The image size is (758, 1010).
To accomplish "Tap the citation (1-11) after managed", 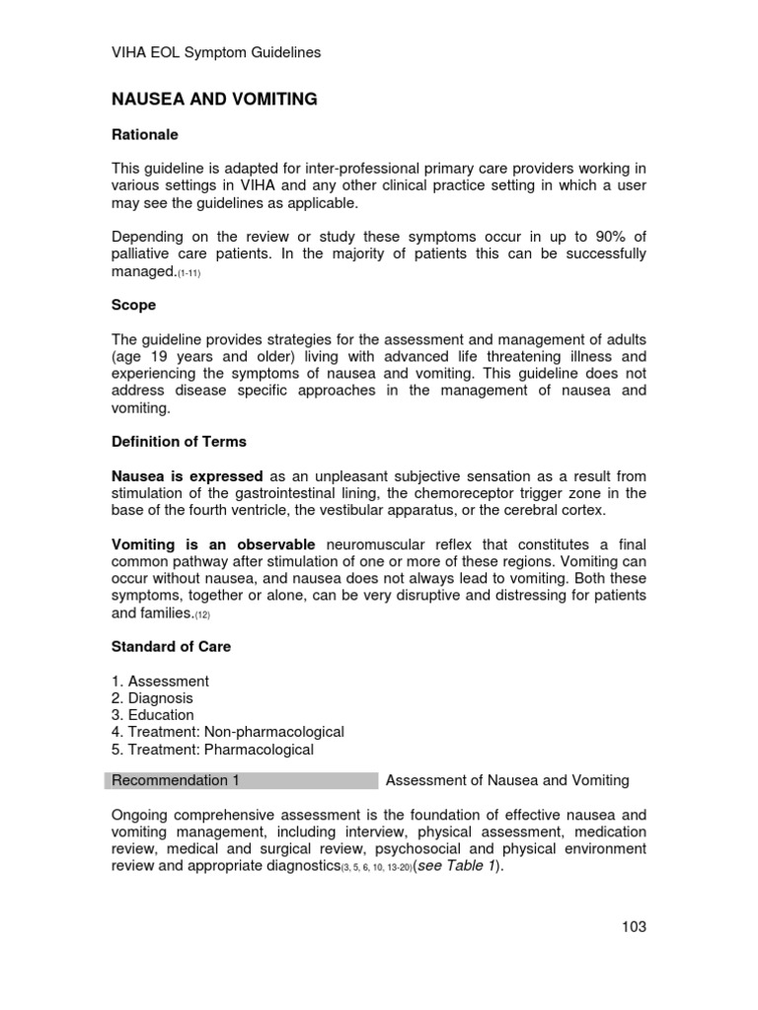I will (191, 273).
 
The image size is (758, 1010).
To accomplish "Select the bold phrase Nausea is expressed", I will (187, 474).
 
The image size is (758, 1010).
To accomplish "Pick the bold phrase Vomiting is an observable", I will (213, 544).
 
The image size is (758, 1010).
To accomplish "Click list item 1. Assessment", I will (160, 682).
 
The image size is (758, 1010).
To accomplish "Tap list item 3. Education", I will (153, 715).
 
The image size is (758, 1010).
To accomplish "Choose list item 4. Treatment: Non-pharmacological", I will (228, 732).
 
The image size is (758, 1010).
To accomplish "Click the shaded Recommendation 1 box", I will (242, 781).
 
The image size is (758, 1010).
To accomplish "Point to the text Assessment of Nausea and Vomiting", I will (507, 781).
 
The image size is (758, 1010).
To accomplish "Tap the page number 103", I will (634, 926).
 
